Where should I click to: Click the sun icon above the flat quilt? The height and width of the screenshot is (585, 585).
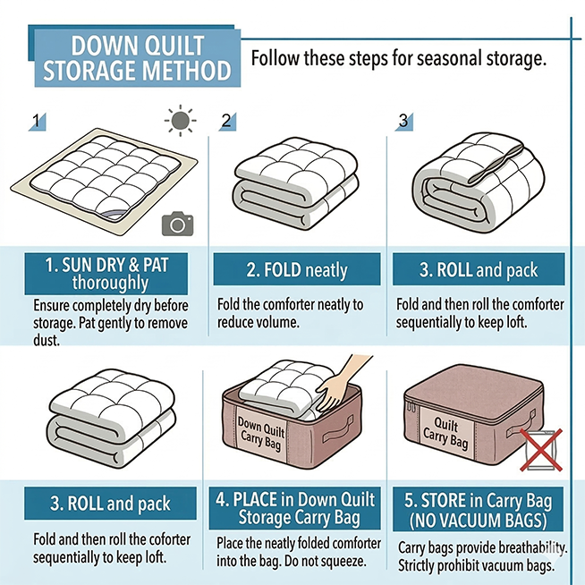(x=181, y=121)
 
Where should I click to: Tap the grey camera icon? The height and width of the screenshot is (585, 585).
(x=178, y=224)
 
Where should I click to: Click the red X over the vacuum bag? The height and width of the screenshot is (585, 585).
(x=541, y=450)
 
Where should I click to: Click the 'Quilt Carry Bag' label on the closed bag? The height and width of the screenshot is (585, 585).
(x=445, y=433)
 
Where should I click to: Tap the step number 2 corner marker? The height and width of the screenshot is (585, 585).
(x=227, y=122)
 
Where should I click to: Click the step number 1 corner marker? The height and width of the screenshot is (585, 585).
(x=38, y=122)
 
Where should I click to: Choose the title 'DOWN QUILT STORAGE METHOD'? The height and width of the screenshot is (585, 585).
(x=137, y=58)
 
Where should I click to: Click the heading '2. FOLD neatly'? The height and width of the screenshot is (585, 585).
(x=297, y=270)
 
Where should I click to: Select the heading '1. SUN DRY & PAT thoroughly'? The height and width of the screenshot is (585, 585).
(x=106, y=274)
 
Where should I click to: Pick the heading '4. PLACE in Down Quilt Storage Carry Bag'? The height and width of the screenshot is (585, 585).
(x=295, y=508)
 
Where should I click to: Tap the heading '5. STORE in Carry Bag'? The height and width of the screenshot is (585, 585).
(x=478, y=501)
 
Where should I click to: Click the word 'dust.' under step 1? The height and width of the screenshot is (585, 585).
(x=47, y=340)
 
